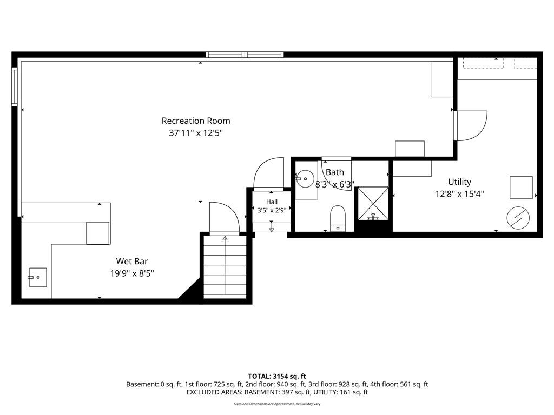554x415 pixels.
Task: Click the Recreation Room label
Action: click(x=196, y=121)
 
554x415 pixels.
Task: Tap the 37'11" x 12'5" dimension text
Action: click(x=196, y=133)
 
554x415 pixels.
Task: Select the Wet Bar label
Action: click(x=132, y=261)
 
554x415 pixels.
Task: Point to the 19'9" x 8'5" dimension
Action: click(x=132, y=273)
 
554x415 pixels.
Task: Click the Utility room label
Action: click(x=459, y=182)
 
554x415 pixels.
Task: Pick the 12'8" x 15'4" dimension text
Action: click(x=459, y=194)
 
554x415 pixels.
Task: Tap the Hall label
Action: click(x=272, y=202)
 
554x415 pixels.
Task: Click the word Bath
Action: click(x=334, y=172)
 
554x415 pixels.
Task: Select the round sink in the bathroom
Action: click(x=305, y=179)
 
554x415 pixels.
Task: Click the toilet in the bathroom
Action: click(x=338, y=218)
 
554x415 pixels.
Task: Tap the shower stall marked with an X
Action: click(x=373, y=203)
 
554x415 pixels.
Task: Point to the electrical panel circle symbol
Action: click(x=518, y=218)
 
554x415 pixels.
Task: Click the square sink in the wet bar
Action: click(x=37, y=277)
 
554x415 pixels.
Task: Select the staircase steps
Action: click(x=225, y=266)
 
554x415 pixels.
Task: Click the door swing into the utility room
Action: click(x=472, y=125)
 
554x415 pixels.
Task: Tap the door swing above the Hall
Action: click(x=269, y=172)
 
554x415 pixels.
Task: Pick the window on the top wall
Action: click(x=245, y=55)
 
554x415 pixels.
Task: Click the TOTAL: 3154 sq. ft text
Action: click(x=277, y=376)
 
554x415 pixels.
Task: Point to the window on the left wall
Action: click(x=15, y=87)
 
